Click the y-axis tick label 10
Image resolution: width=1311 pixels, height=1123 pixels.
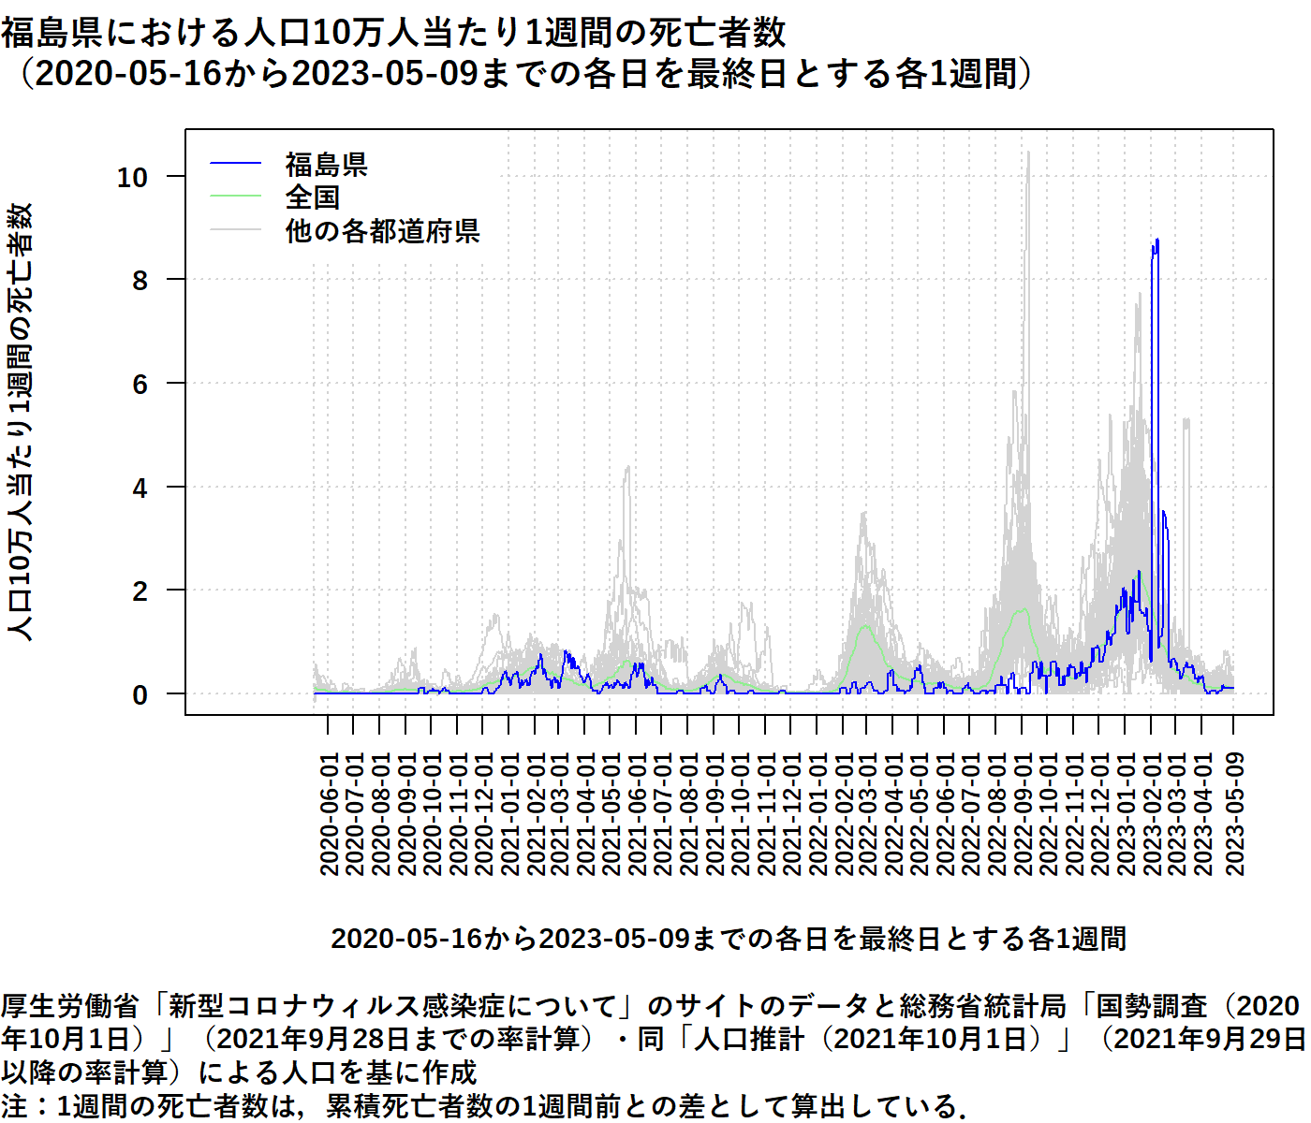[x=132, y=177]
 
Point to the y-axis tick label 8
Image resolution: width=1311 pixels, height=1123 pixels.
[x=140, y=280]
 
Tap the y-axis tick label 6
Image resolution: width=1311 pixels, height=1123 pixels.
[x=140, y=384]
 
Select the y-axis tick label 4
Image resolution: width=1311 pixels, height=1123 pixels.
[x=140, y=488]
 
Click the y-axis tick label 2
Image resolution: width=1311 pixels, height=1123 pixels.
[x=140, y=591]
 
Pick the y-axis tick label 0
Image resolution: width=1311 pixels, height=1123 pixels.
[x=140, y=695]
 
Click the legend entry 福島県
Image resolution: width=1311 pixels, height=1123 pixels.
[x=326, y=165]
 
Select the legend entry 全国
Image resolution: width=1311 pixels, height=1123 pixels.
[x=312, y=197]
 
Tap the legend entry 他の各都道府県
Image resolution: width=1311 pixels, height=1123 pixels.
[x=382, y=230]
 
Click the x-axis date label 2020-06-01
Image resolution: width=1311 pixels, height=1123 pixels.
[x=329, y=814]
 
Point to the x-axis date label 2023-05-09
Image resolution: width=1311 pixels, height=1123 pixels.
[x=1234, y=814]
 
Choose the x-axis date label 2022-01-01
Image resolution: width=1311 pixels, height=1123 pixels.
[x=818, y=814]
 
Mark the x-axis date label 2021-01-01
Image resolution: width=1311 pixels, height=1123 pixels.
[x=508, y=814]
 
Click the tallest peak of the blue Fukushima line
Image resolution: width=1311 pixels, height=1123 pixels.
[x=1157, y=241]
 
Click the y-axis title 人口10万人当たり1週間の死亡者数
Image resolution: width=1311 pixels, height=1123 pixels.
[x=21, y=421]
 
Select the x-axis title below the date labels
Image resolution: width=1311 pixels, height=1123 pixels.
[x=729, y=938]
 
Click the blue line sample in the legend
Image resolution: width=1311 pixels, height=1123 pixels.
[x=235, y=165]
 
